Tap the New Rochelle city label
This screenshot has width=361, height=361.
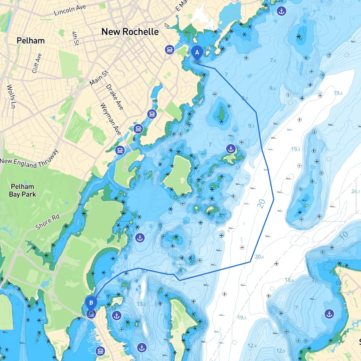click(130, 32)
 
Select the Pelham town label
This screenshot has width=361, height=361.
click(30, 41)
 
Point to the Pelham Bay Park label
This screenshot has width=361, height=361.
click(22, 190)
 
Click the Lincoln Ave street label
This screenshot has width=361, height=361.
click(70, 10)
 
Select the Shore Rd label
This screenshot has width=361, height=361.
click(47, 222)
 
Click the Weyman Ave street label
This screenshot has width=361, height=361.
click(111, 119)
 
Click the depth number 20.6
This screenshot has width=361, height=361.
click(259, 257)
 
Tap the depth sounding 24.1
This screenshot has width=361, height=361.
click(355, 191)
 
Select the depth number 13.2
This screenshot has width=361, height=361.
click(141, 304)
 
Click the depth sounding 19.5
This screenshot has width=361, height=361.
click(338, 93)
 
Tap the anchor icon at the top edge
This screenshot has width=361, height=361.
click(281, 11)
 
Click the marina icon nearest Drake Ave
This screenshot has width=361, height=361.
click(152, 114)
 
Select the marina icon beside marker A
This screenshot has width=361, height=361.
click(170, 50)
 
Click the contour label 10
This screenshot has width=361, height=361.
click(344, 235)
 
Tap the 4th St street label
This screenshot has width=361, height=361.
click(75, 38)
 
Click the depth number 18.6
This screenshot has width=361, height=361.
click(289, 280)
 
